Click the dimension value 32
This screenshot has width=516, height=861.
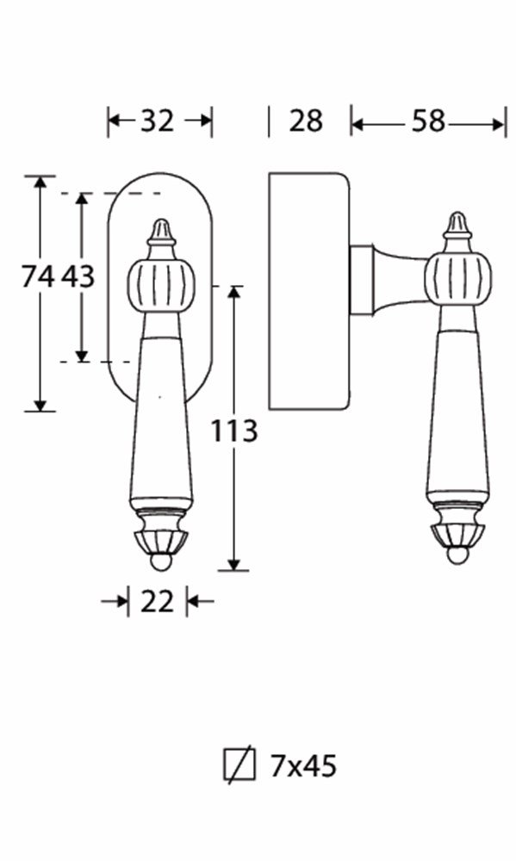click(157, 121)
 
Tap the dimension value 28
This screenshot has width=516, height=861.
click(306, 121)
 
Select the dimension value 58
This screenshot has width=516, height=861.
click(428, 121)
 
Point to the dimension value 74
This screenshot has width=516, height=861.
click(38, 276)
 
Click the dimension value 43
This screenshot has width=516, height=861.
click(78, 276)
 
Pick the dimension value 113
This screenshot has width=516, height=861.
click(234, 430)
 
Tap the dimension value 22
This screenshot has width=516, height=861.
click(157, 602)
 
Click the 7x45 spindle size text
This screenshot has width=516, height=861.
click(302, 765)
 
